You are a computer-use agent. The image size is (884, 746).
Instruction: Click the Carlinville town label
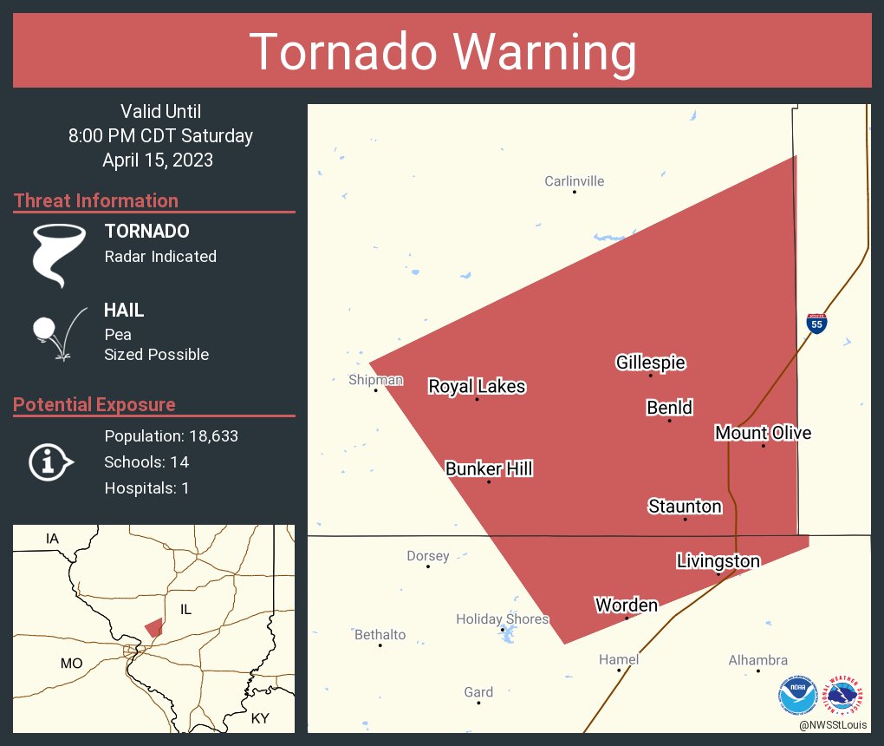(x=574, y=181)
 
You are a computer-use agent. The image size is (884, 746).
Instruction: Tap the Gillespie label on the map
(x=650, y=363)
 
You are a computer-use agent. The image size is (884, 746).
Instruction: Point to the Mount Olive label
(x=763, y=433)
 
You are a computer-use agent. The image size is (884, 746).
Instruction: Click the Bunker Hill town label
(x=489, y=469)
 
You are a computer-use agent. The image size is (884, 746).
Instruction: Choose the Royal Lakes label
(x=477, y=387)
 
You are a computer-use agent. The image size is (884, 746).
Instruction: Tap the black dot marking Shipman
(x=376, y=390)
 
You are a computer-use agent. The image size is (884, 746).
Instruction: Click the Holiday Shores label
(x=503, y=619)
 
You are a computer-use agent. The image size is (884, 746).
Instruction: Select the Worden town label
(x=626, y=605)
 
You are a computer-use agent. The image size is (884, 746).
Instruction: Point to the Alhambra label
(x=757, y=660)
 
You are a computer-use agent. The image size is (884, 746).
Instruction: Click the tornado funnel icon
(x=58, y=254)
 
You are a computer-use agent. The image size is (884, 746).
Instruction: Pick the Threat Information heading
(x=96, y=200)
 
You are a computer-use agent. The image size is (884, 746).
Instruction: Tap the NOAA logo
(x=797, y=696)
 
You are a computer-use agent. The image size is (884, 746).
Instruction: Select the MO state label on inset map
(x=71, y=664)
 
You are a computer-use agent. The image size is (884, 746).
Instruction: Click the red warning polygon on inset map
(x=153, y=628)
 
